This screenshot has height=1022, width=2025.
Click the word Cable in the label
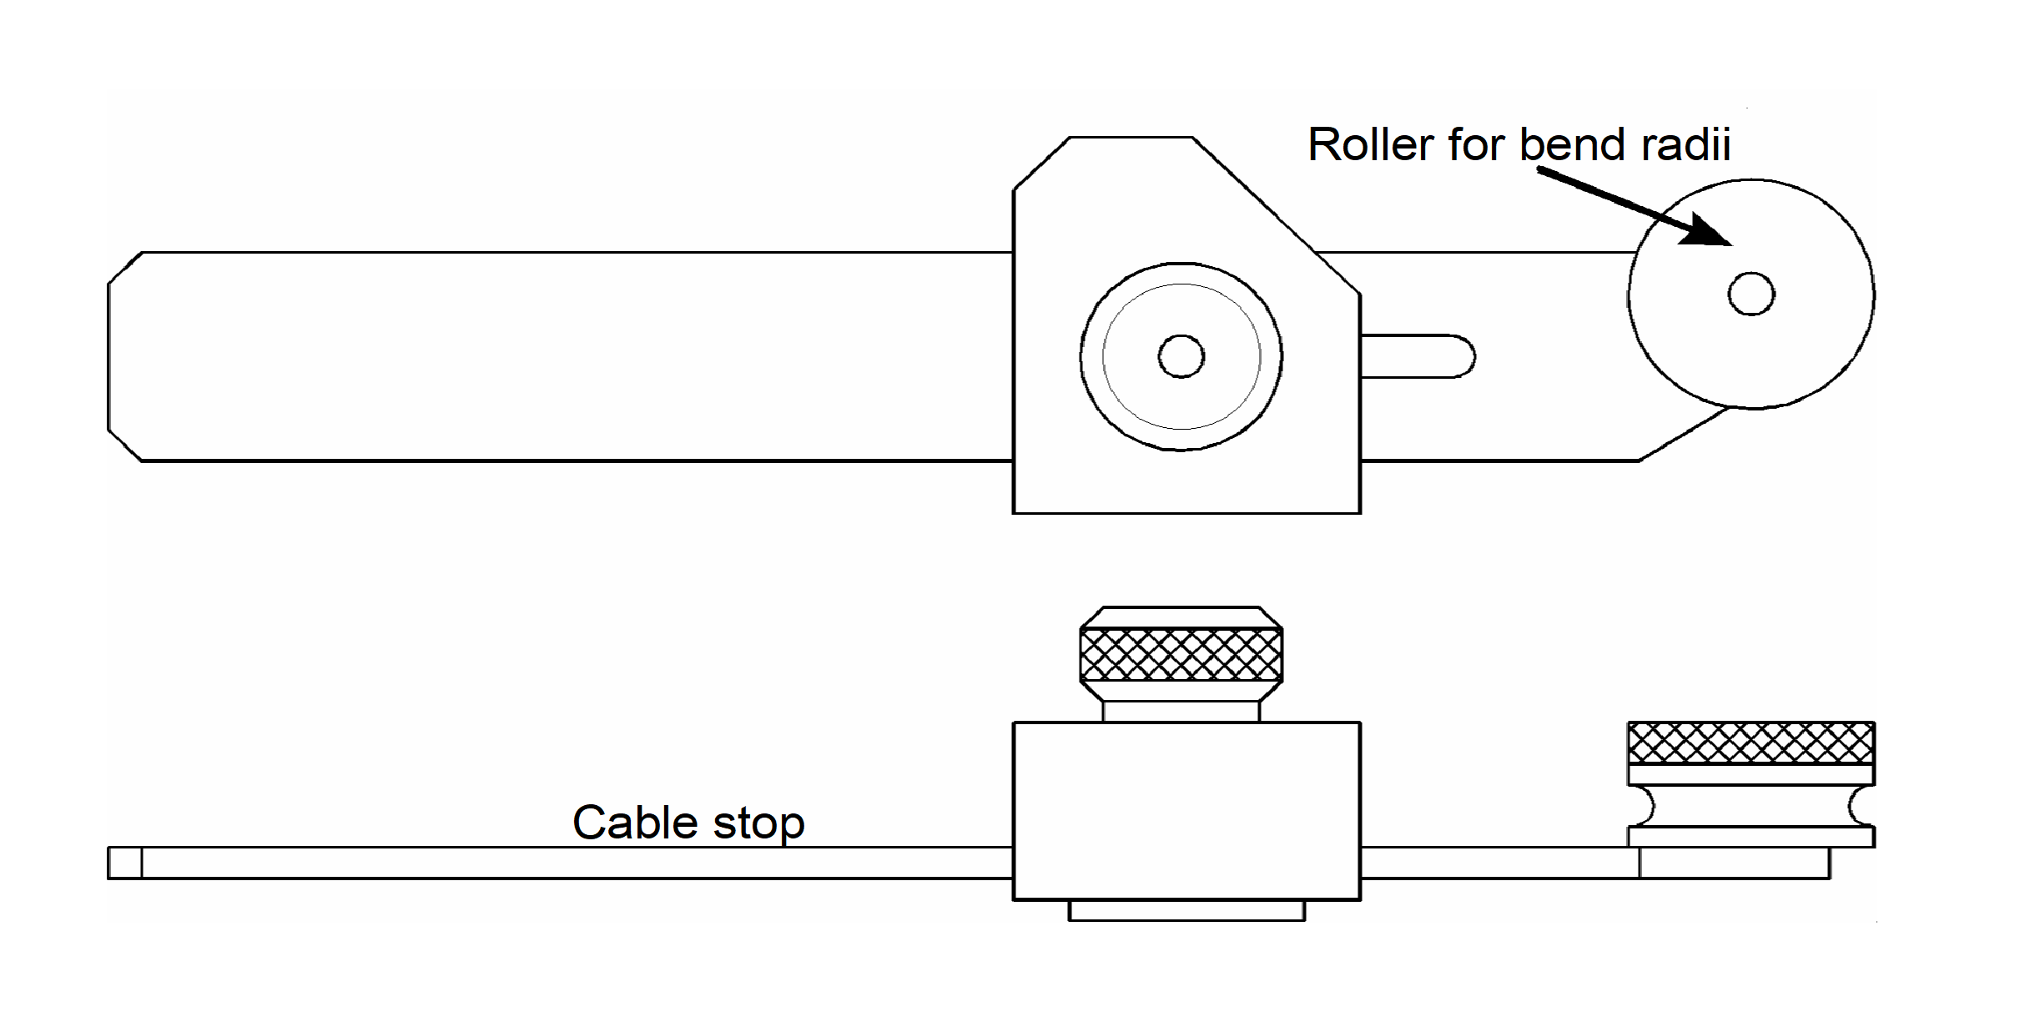point(635,823)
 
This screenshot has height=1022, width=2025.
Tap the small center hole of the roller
point(1751,294)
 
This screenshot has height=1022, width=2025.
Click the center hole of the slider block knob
point(1181,356)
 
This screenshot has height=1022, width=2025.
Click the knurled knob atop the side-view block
point(1181,655)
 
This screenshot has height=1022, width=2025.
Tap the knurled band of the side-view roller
point(1751,743)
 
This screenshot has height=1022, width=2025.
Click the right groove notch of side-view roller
point(1862,806)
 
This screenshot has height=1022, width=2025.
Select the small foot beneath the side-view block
point(1186,910)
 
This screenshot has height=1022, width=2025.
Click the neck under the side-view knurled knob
point(1181,712)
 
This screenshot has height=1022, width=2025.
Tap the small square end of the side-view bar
point(124,863)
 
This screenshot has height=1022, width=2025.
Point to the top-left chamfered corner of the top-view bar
point(125,268)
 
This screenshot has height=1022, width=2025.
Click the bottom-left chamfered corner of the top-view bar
point(125,445)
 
